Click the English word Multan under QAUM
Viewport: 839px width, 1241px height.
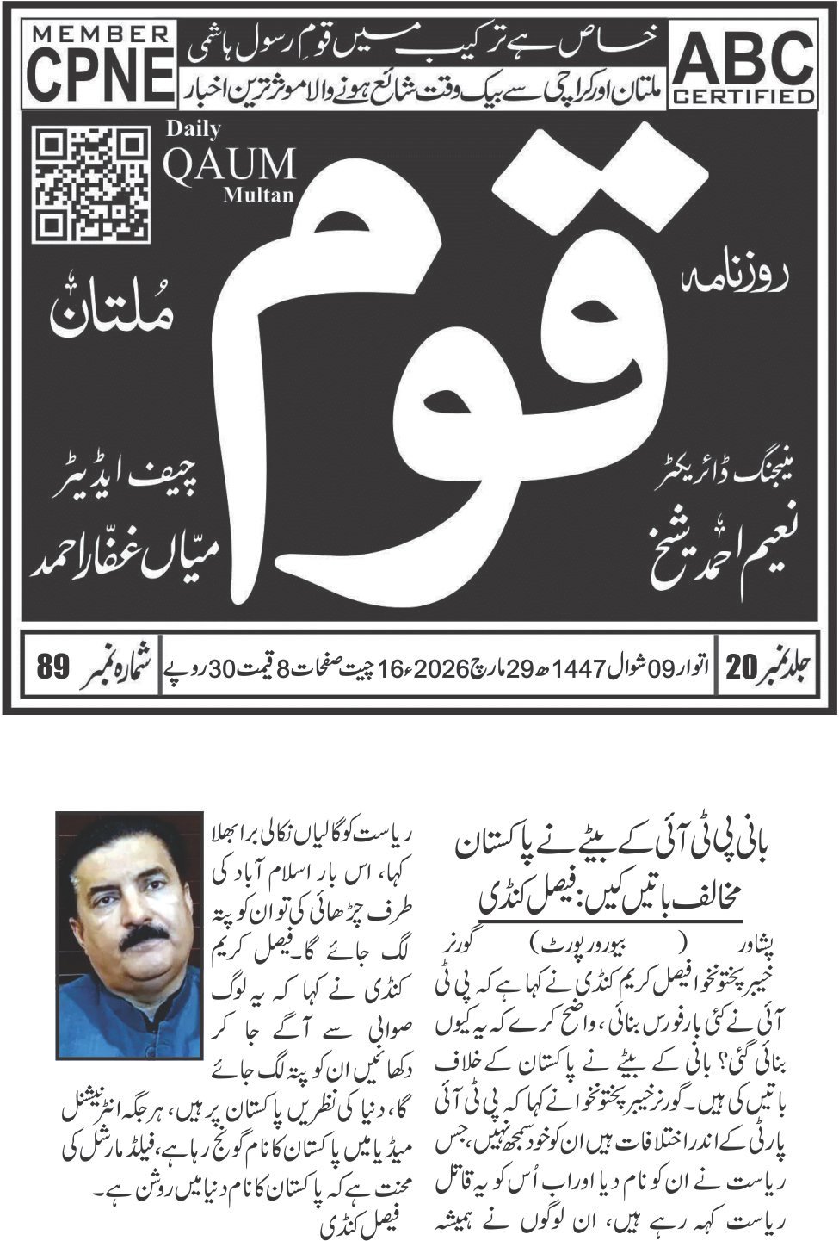point(257,195)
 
